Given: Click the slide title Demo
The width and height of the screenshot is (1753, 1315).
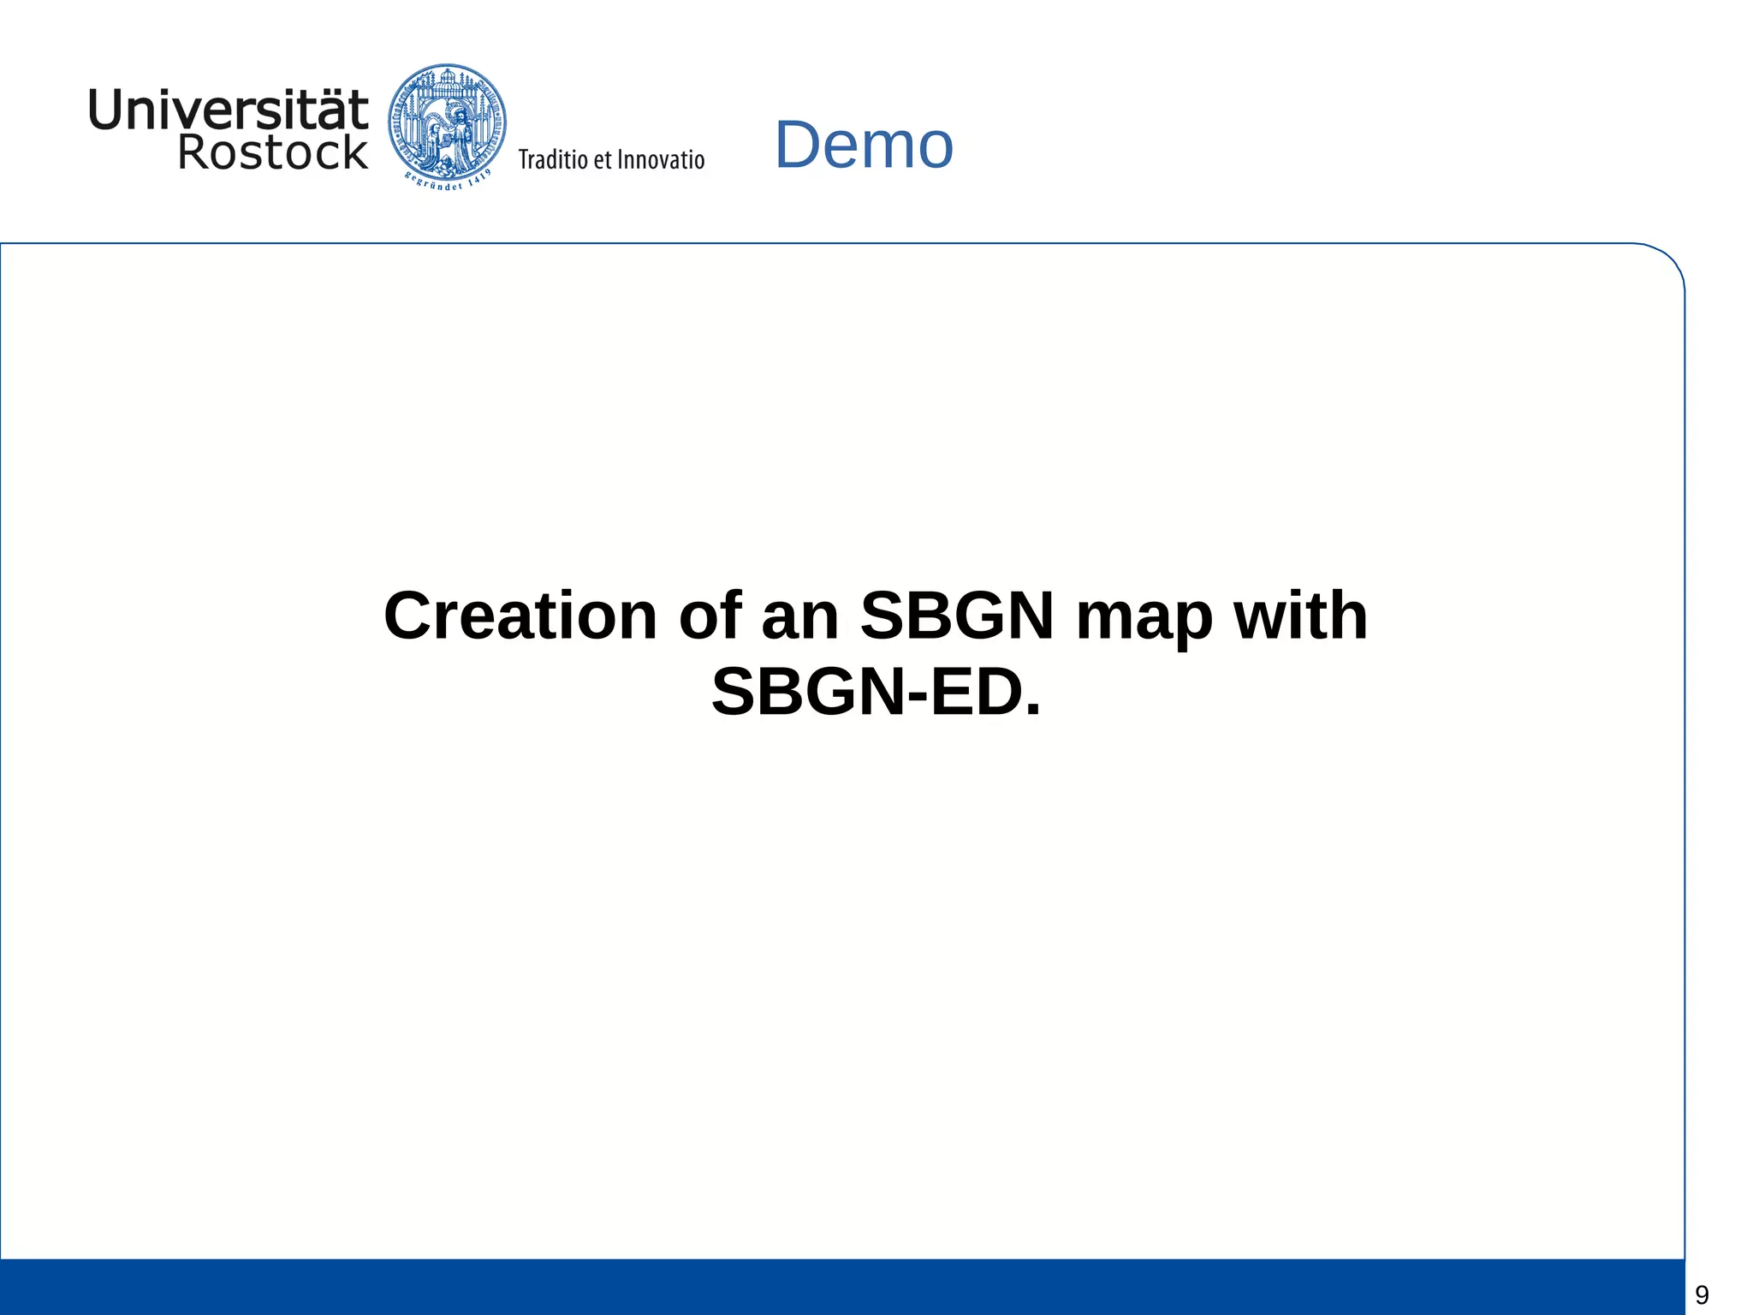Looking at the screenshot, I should (x=864, y=145).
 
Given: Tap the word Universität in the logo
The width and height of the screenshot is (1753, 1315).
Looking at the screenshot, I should (x=228, y=110).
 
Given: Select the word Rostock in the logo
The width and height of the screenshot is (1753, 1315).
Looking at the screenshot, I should (x=272, y=152).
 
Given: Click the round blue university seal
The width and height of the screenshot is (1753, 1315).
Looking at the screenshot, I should (x=447, y=120).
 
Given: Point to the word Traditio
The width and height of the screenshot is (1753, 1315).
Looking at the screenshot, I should (x=553, y=159).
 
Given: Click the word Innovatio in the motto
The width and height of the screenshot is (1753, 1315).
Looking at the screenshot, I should (x=661, y=159).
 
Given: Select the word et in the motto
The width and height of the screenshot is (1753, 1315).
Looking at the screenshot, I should (x=603, y=160).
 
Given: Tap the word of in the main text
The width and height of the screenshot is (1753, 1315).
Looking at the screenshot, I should (x=709, y=616).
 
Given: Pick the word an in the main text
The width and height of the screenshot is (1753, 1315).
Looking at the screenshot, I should (x=799, y=617).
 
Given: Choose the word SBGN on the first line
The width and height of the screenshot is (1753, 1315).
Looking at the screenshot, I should (x=957, y=616).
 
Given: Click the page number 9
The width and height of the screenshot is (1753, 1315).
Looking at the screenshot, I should (x=1702, y=1294).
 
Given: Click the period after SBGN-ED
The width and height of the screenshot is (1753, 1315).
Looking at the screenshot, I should (x=1032, y=711).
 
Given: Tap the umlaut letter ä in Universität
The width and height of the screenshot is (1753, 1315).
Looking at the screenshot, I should (x=324, y=110).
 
